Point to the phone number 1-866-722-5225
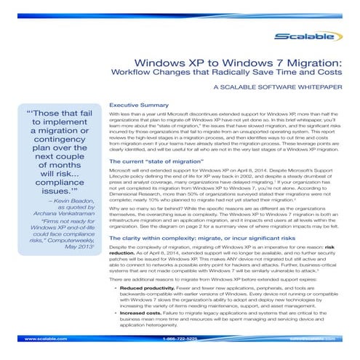tap(180, 339)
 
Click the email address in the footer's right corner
tap(320, 339)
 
